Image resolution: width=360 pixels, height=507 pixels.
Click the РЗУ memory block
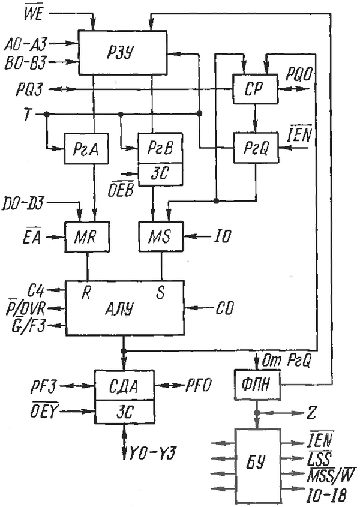pos(124,52)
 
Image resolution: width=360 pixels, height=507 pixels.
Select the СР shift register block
pos(254,89)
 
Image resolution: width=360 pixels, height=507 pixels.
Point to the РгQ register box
pos(255,147)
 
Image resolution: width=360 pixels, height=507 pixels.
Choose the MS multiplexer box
pos(160,235)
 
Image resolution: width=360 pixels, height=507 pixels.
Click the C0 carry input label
pos(226,309)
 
